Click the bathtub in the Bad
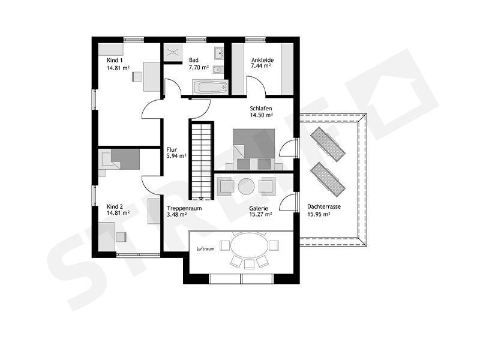[x=210, y=87]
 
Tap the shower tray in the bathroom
[x=173, y=52]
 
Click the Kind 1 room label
[x=115, y=61]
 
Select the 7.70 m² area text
[x=199, y=67]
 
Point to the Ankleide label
[x=262, y=60]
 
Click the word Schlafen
[x=261, y=109]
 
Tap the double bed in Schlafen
[x=254, y=149]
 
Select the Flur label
[x=172, y=149]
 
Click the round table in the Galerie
[x=246, y=187]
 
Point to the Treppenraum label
[x=184, y=208]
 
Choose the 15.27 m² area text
[x=260, y=215]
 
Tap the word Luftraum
[x=205, y=249]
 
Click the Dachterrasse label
[x=324, y=206]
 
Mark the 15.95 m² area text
[x=319, y=215]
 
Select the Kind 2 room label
[x=115, y=206]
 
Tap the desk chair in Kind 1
[x=137, y=77]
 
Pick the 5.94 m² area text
[x=176, y=156]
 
